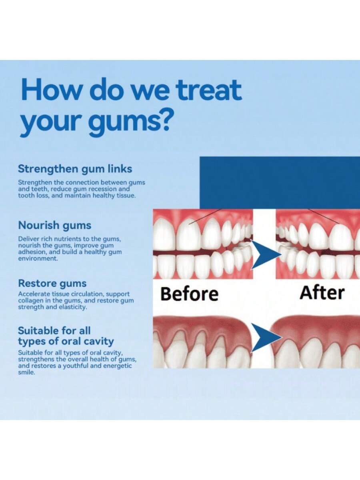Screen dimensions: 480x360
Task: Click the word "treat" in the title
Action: point(209,90)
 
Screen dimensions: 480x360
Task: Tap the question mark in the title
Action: point(164,119)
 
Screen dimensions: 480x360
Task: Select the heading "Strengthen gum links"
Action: point(75,169)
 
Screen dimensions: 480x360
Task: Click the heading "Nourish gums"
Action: point(55,225)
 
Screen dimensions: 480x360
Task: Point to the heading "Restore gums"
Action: point(52,284)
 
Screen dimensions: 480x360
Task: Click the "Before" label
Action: point(189,294)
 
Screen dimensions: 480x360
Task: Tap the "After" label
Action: point(322,293)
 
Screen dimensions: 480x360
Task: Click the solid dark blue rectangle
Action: point(279,182)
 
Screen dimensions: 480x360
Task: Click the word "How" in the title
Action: point(47,90)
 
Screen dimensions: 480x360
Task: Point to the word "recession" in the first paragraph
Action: point(105,189)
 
